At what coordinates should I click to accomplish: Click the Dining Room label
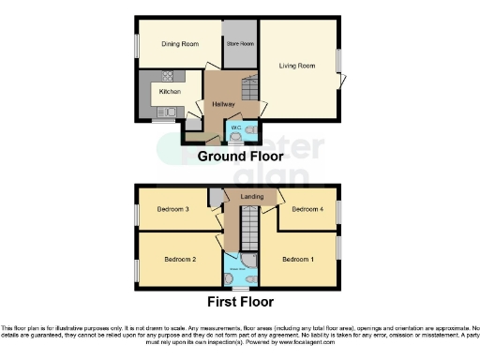coord(179,44)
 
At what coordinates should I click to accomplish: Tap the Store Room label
coord(240,44)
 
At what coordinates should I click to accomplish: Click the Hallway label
coord(223,103)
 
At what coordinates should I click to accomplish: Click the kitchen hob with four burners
coord(170,76)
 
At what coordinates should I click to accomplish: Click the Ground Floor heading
coord(240,156)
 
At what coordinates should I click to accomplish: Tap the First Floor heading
coord(240,302)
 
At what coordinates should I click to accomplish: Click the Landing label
coord(252,197)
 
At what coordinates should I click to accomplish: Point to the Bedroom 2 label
coord(181,258)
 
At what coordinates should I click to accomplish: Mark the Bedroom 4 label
coord(307,210)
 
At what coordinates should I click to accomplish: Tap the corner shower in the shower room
coord(249,260)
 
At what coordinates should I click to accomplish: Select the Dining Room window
coord(136,44)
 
